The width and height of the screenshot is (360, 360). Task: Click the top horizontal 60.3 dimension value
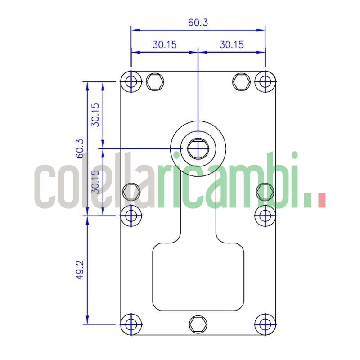click(198, 22)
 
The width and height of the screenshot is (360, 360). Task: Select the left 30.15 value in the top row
click(164, 45)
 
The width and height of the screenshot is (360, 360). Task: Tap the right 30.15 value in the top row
click(231, 45)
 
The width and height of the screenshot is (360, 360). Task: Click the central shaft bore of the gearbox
click(198, 148)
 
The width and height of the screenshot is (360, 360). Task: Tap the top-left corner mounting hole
click(131, 81)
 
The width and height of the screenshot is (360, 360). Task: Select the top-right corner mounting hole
click(265, 81)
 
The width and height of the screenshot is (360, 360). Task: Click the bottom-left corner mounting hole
click(131, 324)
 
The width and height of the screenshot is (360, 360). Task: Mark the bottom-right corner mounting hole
click(265, 324)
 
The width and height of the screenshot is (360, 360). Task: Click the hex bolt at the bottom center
click(198, 324)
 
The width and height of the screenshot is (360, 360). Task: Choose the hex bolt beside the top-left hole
click(155, 81)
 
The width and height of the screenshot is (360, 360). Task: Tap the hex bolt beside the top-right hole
click(241, 81)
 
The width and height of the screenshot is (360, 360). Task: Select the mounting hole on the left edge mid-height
click(131, 215)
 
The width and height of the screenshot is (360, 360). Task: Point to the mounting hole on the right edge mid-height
click(265, 215)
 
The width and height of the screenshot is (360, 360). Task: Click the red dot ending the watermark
click(321, 200)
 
